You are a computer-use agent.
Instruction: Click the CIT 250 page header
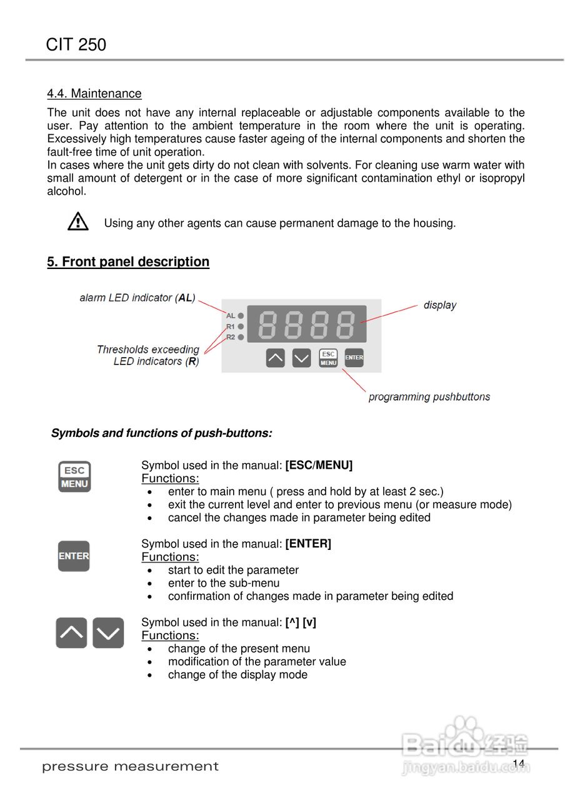coord(76,45)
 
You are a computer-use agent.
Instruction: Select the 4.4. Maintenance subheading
coord(94,94)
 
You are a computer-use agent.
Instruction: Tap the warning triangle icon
coord(78,222)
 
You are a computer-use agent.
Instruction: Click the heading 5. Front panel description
coord(128,262)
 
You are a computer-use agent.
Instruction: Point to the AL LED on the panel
coord(241,316)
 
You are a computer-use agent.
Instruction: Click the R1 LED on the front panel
coord(241,326)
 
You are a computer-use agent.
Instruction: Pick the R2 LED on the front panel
coord(241,337)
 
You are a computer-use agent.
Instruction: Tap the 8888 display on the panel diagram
coord(306,324)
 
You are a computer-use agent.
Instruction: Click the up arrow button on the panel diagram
coord(275,358)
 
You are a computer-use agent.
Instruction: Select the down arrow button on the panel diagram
coord(301,358)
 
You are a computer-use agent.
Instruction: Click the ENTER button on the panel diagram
coord(354,358)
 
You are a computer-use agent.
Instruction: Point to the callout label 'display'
coord(440,305)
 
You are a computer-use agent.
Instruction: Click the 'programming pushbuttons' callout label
coord(429,397)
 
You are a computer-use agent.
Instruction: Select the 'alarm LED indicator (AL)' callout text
coord(137,298)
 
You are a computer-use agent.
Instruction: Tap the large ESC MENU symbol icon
coord(74,477)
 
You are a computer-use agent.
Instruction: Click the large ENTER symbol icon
coord(74,556)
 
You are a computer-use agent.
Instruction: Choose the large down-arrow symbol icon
coord(108,633)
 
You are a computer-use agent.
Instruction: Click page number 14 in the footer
coord(518,764)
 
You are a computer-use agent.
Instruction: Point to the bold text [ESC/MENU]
coord(319,465)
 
